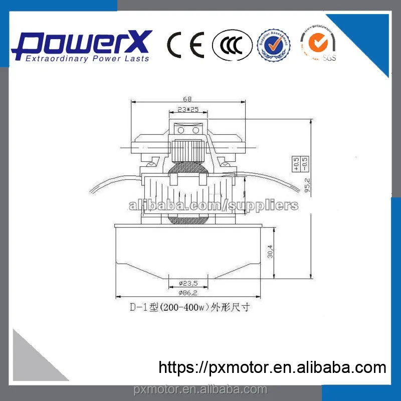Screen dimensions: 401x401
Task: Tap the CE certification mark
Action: (186, 45)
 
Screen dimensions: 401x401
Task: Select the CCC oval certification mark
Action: (232, 45)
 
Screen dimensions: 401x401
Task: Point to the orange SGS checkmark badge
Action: (318, 44)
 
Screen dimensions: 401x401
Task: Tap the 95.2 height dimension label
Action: (308, 186)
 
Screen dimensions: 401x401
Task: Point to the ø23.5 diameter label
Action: (187, 283)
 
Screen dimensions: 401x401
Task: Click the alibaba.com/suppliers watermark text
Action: (214, 205)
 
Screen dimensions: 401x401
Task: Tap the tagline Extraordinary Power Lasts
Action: (81, 58)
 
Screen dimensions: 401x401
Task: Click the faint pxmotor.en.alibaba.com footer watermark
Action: (200, 389)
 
